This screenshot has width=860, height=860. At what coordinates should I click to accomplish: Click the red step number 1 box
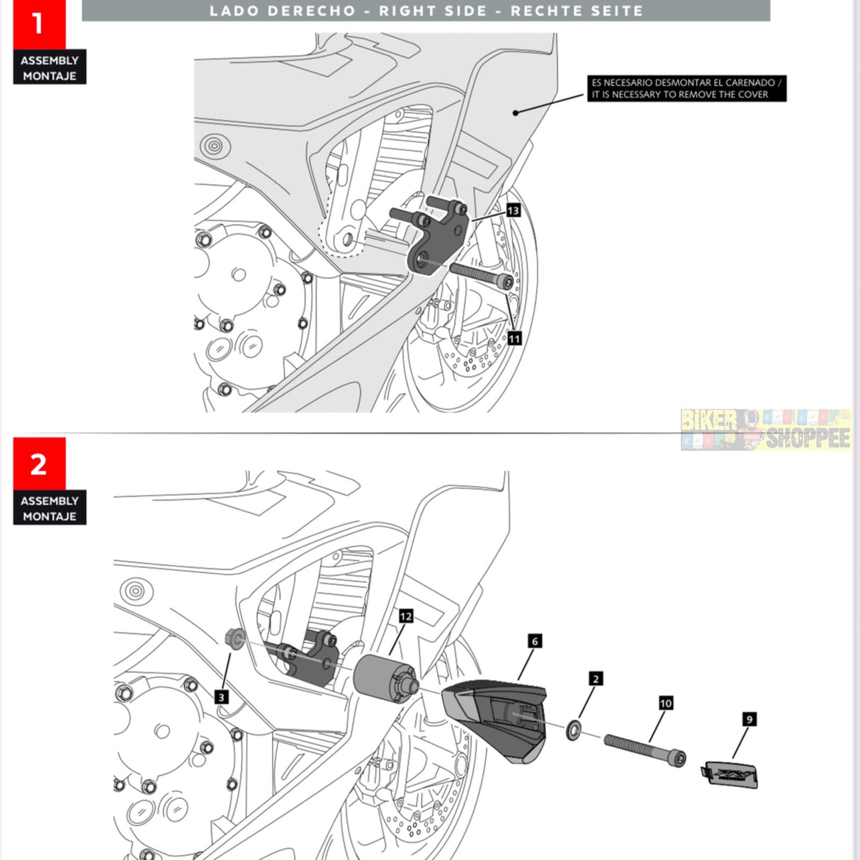point(38,24)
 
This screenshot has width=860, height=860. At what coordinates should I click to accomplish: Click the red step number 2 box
point(38,464)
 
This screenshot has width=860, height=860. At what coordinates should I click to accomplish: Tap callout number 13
point(513,210)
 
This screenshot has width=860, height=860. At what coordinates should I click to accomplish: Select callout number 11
point(514,339)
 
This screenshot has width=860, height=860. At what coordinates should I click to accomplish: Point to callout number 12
point(405,616)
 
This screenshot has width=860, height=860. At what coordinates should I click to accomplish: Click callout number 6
point(535,641)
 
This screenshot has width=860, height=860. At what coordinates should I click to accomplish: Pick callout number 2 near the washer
point(596,679)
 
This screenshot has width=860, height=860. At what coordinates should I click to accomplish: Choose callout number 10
point(666,703)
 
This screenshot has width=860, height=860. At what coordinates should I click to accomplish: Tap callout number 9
point(749,719)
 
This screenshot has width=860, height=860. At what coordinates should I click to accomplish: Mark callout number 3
point(221,697)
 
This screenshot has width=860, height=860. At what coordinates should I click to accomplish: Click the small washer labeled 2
point(574,730)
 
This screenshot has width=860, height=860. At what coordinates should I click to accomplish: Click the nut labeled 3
point(233,638)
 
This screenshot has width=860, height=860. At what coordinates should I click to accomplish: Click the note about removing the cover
point(686,89)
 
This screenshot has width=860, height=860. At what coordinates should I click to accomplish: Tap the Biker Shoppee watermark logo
point(765,429)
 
